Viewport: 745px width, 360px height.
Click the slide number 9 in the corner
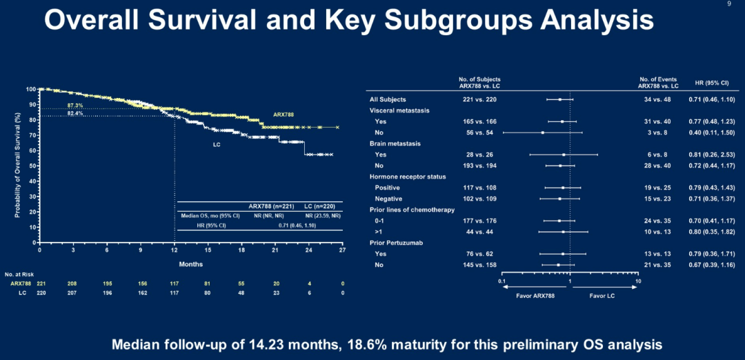(729, 4)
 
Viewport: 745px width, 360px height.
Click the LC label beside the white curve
(216, 146)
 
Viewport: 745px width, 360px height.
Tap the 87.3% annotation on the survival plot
(75, 106)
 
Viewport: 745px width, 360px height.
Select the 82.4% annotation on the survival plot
(75, 113)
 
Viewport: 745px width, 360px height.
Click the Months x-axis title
(190, 264)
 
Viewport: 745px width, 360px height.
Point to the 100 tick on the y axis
(31, 89)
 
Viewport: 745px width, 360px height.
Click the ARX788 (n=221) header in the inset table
(274, 206)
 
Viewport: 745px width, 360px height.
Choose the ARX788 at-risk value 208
(73, 283)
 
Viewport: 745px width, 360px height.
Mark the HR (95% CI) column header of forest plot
(713, 82)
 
